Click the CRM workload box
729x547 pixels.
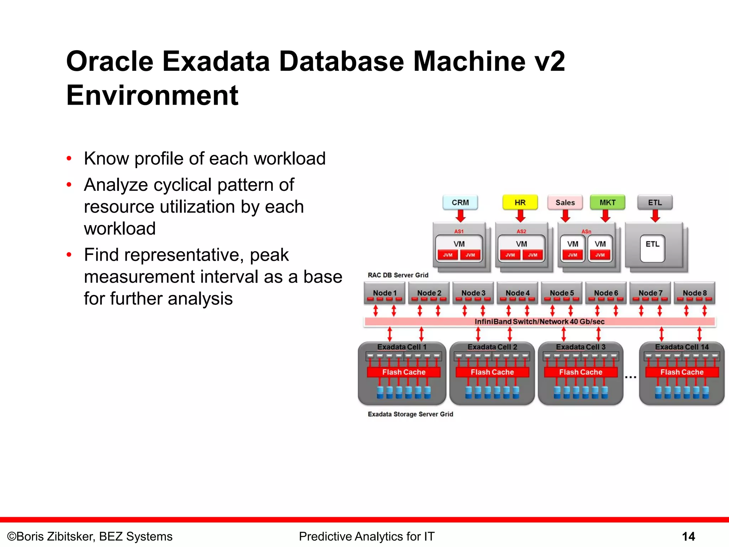coord(460,202)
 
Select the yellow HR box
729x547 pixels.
coord(520,202)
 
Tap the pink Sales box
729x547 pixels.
coord(565,202)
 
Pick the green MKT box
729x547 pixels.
coord(607,202)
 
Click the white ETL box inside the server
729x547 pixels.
coord(652,248)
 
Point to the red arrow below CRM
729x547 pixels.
coord(461,215)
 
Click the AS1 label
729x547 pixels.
coord(459,231)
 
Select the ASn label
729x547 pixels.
coord(586,231)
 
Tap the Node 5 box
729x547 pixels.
coord(562,293)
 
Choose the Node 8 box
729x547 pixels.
coord(694,293)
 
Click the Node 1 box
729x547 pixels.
coord(384,293)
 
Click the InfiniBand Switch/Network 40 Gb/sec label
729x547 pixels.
coord(539,322)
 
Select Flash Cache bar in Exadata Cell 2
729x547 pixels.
coord(492,372)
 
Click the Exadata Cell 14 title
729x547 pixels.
coord(682,347)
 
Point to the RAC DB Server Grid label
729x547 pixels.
coord(398,275)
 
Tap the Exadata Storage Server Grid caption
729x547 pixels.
coord(410,414)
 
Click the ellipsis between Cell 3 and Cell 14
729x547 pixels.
coord(630,377)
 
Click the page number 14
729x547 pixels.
coord(688,536)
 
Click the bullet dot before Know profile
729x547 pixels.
coord(69,158)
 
